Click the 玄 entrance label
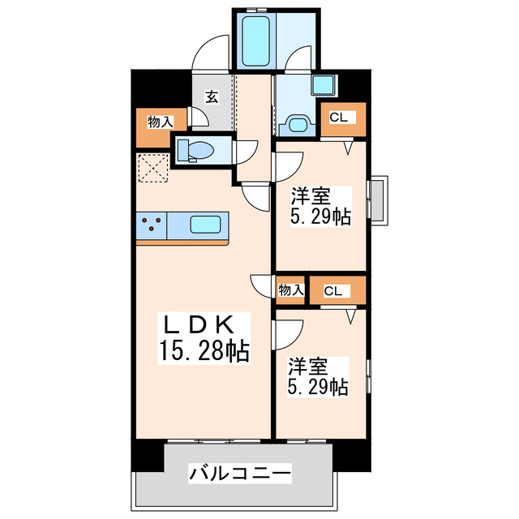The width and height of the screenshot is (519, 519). point(211,97)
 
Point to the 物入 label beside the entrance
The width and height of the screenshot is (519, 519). point(160,122)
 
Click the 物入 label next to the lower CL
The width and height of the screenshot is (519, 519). point(290,290)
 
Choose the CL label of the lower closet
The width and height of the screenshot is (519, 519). point(332,290)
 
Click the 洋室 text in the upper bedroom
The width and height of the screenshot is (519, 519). point(311,195)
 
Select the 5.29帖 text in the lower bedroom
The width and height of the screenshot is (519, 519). point(320,387)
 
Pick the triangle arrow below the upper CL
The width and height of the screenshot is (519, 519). point(349,148)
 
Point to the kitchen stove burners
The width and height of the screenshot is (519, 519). point(151,224)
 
